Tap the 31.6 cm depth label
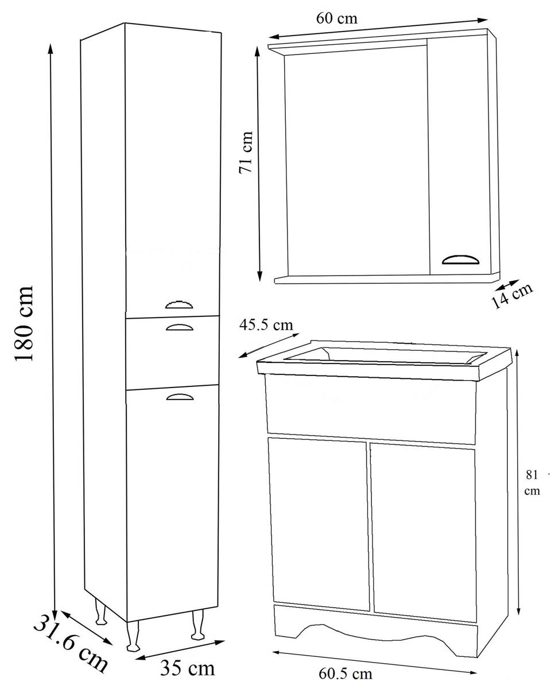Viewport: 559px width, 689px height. [69, 642]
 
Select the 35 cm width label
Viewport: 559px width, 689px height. [188, 668]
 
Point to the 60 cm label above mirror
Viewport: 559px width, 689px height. [336, 18]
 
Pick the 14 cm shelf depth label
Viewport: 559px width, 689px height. [512, 295]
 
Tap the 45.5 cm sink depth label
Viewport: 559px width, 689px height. [266, 325]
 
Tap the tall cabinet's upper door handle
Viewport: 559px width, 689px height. [180, 304]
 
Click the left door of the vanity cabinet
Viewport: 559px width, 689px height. [319, 522]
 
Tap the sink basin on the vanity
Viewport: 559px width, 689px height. [385, 357]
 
